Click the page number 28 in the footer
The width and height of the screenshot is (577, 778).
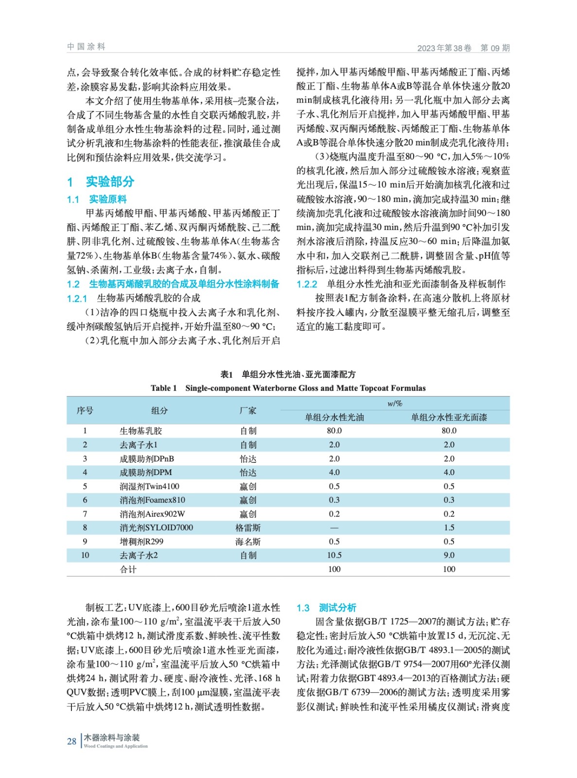pyautogui.click(x=71, y=741)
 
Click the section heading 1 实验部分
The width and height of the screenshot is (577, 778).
pyautogui.click(x=101, y=182)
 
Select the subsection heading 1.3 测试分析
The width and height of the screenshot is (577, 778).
pyautogui.click(x=326, y=607)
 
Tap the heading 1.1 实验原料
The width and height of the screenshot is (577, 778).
pyautogui.click(x=97, y=199)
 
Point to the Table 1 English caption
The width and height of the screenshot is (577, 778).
pyautogui.click(x=288, y=388)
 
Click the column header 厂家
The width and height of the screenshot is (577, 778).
pyautogui.click(x=248, y=410)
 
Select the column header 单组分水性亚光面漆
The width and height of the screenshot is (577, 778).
pyautogui.click(x=449, y=417)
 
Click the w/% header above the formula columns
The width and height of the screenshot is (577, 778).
pyautogui.click(x=395, y=404)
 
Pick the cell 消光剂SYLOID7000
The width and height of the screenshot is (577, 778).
pyautogui.click(x=157, y=528)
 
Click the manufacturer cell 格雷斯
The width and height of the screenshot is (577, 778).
pyautogui.click(x=248, y=528)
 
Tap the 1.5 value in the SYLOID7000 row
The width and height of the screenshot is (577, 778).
pyautogui.click(x=449, y=528)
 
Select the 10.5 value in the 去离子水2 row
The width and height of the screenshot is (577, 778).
pyautogui.click(x=334, y=555)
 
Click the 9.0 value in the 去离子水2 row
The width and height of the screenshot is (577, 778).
pyautogui.click(x=449, y=555)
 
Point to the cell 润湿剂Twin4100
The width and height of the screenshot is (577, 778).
pyautogui.click(x=150, y=486)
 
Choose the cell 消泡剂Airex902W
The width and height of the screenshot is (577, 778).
pyautogui.click(x=153, y=514)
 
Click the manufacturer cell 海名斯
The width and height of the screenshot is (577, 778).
pyautogui.click(x=248, y=542)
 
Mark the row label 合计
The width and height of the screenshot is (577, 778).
pyautogui.click(x=128, y=569)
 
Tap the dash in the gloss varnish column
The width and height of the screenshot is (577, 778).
pyautogui.click(x=334, y=528)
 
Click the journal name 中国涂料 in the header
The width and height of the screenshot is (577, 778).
pyautogui.click(x=86, y=47)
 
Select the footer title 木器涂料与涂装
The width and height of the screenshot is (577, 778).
pyautogui.click(x=112, y=738)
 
